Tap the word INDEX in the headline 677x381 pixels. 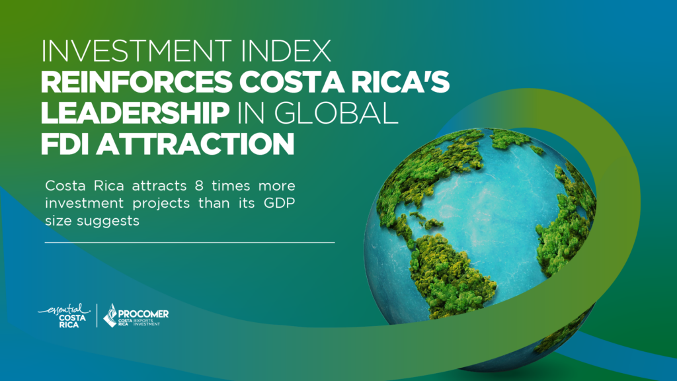click(286, 51)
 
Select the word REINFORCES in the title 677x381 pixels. click(136, 81)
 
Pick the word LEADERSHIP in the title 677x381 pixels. click(135, 112)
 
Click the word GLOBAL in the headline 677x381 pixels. click(336, 112)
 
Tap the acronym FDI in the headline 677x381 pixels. click(65, 144)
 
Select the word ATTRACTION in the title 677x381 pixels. click(195, 144)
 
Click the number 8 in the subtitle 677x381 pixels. click(198, 186)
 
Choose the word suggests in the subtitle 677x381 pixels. click(108, 222)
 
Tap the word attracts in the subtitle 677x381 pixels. click(159, 186)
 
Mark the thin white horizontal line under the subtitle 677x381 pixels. click(190, 242)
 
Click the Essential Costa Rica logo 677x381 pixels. click(64, 316)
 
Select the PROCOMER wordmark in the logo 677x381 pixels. click(143, 314)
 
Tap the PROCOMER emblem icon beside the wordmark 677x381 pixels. click(110, 316)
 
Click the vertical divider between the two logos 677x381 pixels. click(97, 316)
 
